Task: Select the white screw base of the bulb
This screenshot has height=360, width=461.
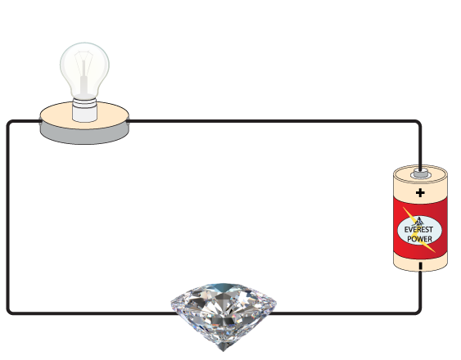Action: (84, 110)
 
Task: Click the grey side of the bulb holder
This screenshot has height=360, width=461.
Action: (84, 136)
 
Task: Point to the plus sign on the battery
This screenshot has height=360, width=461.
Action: (420, 193)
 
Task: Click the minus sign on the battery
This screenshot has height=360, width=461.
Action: (421, 266)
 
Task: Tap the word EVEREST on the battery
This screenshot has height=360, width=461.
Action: (418, 230)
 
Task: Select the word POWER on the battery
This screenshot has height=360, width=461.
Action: (419, 239)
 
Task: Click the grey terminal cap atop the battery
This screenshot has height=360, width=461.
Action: (421, 173)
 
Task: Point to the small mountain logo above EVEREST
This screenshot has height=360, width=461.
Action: (418, 221)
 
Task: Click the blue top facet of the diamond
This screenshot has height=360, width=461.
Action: (223, 287)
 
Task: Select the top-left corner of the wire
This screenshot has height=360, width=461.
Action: (8, 123)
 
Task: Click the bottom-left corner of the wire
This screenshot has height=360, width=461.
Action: (8, 312)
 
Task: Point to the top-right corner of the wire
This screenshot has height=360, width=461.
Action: (419, 122)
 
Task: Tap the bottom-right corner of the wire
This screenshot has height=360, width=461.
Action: (419, 312)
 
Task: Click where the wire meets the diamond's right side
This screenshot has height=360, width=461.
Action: (271, 313)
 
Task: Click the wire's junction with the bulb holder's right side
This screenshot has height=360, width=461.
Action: (129, 121)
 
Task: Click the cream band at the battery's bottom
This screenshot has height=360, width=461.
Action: (420, 263)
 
